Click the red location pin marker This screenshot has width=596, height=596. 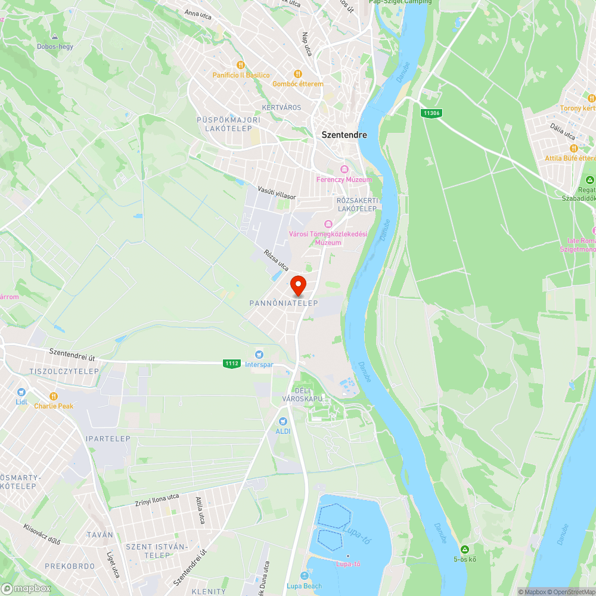[x=297, y=285]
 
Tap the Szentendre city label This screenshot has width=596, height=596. [x=344, y=135]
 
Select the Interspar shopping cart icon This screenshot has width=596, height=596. [x=259, y=355]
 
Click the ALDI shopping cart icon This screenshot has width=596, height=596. [x=282, y=421]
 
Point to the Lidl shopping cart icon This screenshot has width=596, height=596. [x=21, y=392]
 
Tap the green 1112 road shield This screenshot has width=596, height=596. [x=232, y=363]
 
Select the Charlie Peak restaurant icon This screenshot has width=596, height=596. [x=54, y=396]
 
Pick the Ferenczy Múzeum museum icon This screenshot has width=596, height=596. [x=344, y=170]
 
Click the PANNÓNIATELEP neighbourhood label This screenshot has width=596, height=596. [x=284, y=303]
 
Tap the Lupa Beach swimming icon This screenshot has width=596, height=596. [x=305, y=576]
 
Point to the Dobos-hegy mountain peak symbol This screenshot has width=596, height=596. [x=55, y=37]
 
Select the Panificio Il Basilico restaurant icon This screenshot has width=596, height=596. [x=241, y=65]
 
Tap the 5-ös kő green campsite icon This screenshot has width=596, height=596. [x=464, y=549]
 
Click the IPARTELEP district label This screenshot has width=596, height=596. [x=108, y=439]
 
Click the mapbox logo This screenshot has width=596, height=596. [x=26, y=588]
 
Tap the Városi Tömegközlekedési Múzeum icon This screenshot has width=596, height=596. [x=328, y=224]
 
